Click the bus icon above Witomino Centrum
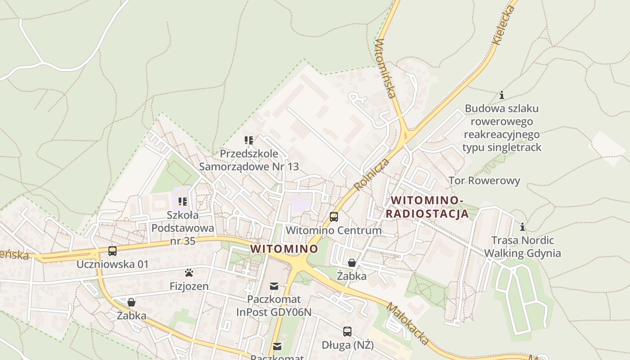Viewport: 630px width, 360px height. pyautogui.click(x=333, y=216)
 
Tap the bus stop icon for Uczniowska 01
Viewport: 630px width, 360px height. pyautogui.click(x=112, y=251)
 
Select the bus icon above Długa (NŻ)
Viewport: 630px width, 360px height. pyautogui.click(x=347, y=332)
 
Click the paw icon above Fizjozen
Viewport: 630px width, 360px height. pyautogui.click(x=189, y=273)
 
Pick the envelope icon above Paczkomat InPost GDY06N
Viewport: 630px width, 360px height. pyautogui.click(x=274, y=286)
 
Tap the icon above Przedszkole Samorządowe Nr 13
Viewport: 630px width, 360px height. pyautogui.click(x=249, y=140)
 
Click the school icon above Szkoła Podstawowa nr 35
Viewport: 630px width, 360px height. pyautogui.click(x=182, y=201)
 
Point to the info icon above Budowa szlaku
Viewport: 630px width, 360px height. pyautogui.click(x=502, y=95)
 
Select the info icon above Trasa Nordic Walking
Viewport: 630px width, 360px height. pyautogui.click(x=522, y=226)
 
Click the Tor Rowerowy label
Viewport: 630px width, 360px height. pyautogui.click(x=484, y=181)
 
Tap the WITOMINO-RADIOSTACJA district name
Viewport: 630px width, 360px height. pyautogui.click(x=427, y=207)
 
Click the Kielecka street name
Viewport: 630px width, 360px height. pyautogui.click(x=504, y=24)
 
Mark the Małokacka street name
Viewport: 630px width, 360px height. pyautogui.click(x=408, y=324)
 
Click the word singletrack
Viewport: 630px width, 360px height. pyautogui.click(x=514, y=147)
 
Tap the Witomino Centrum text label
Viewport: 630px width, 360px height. pyautogui.click(x=333, y=230)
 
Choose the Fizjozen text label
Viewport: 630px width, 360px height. pyautogui.click(x=189, y=286)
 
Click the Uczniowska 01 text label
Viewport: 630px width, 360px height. pyautogui.click(x=112, y=264)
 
